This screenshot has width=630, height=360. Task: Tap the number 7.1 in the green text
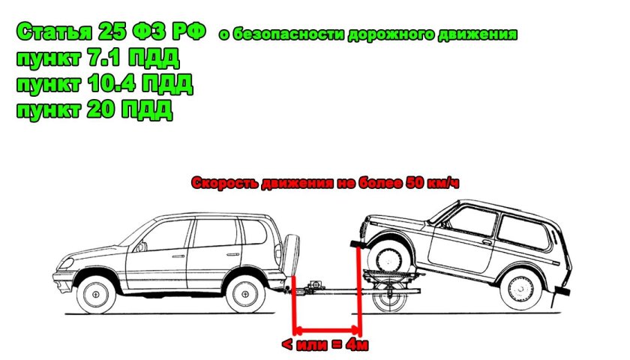coord(104,58)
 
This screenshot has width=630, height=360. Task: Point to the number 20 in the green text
coord(100,109)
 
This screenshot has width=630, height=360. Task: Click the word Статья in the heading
coord(54,32)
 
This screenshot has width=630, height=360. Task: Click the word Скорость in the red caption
coord(225,183)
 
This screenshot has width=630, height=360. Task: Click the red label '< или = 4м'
coord(325,345)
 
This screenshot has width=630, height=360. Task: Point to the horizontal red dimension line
coord(327,331)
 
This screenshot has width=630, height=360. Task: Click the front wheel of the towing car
coord(96,294)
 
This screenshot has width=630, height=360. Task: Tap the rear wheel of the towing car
coord(245,294)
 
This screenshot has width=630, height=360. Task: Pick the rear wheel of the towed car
coord(521,289)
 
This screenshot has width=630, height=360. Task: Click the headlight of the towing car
coord(66,264)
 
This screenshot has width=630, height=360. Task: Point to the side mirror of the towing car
coord(141,247)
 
